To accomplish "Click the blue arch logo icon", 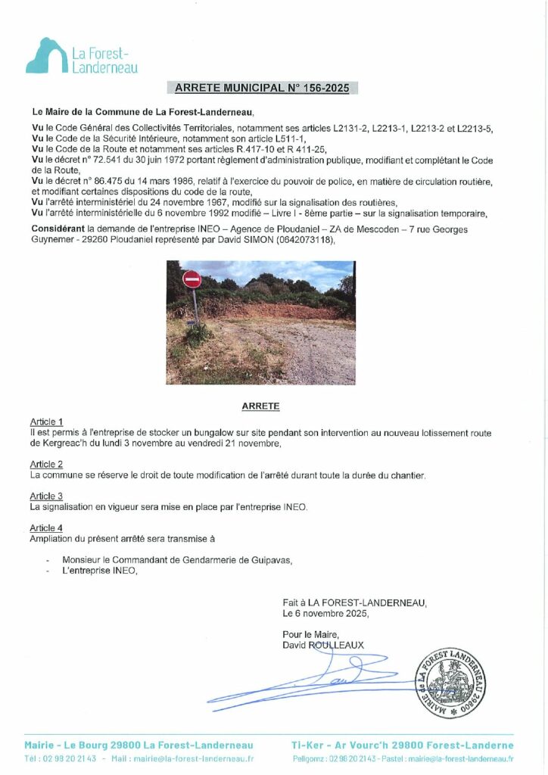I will tap(46, 57).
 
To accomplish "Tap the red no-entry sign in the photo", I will tap(192, 279).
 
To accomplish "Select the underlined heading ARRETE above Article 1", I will tap(260, 406).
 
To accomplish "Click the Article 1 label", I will tap(46, 422).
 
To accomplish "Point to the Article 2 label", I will tap(46, 464).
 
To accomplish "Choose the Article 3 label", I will tap(46, 496).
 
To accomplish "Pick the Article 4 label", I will tap(46, 528).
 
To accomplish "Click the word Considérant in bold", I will tap(58, 229).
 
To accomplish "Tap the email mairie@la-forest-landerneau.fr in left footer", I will tap(193, 758).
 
